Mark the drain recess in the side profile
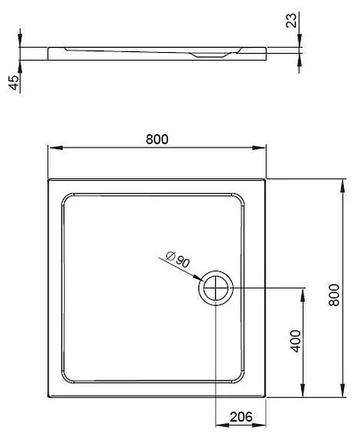[x=207, y=55]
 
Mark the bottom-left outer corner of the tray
[x=48, y=398]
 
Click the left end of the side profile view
[x=51, y=53]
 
